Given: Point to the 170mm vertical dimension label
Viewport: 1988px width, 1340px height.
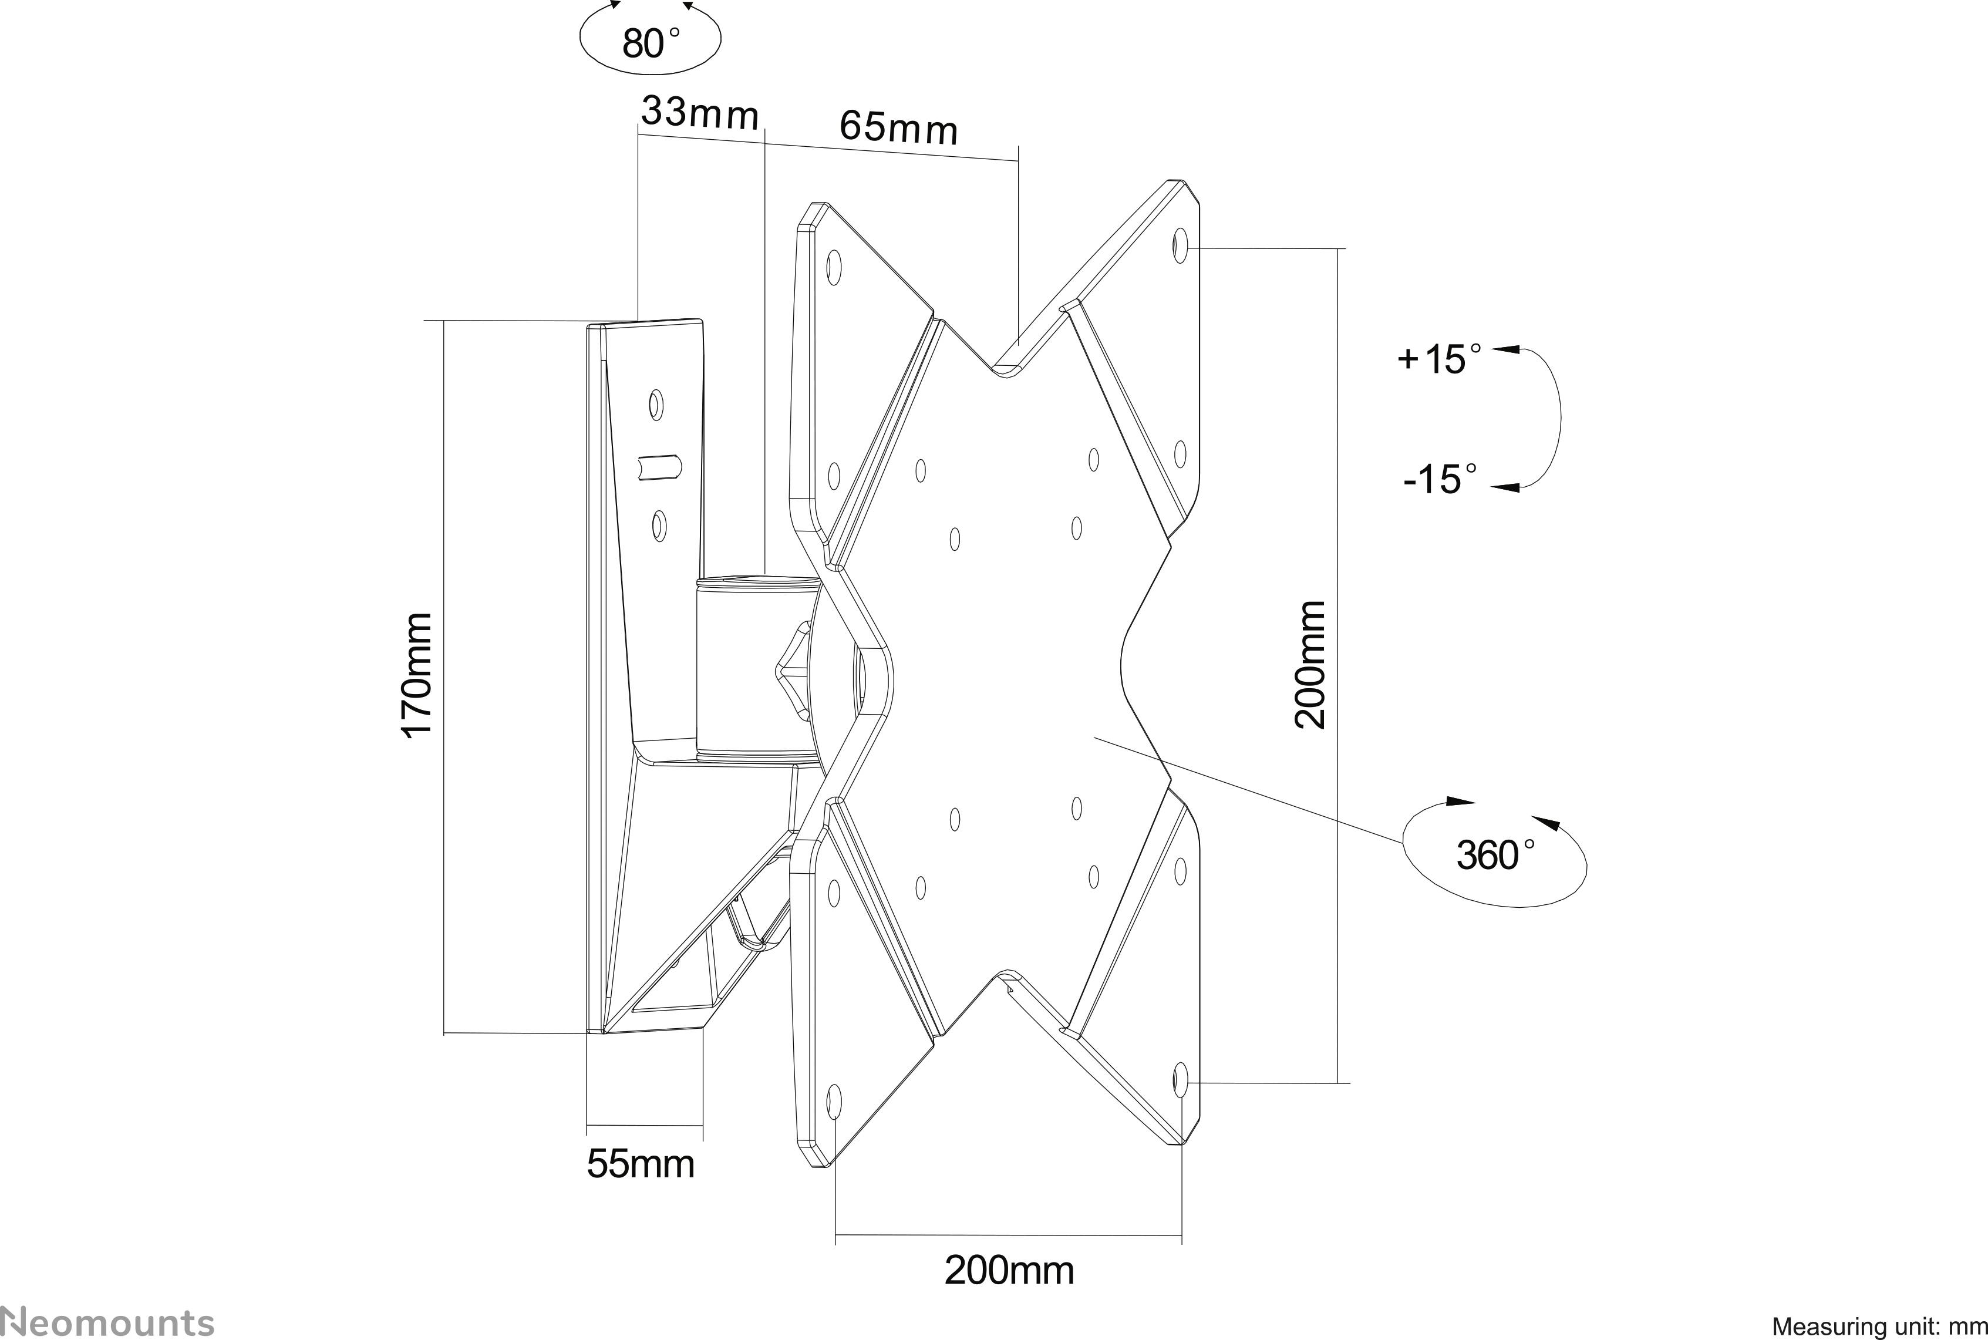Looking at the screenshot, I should (x=418, y=675).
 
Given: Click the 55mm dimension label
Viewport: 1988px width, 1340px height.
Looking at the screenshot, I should (x=641, y=1164).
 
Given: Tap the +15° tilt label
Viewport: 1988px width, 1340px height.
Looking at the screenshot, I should (x=1438, y=359).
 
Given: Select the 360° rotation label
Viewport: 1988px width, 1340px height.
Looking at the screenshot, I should (x=1495, y=854).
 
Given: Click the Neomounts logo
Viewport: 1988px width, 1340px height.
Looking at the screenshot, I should (x=107, y=1321).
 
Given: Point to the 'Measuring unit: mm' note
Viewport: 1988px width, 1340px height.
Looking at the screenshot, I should (x=1879, y=1326).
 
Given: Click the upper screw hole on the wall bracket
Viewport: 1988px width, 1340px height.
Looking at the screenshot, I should (x=656, y=403).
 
